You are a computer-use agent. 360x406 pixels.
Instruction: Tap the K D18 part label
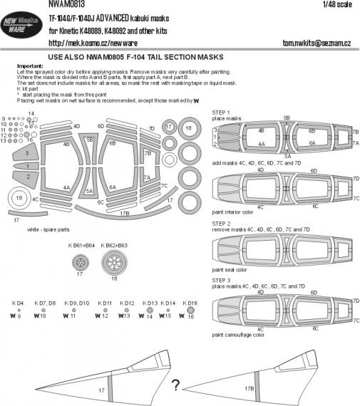tap(189, 303)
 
